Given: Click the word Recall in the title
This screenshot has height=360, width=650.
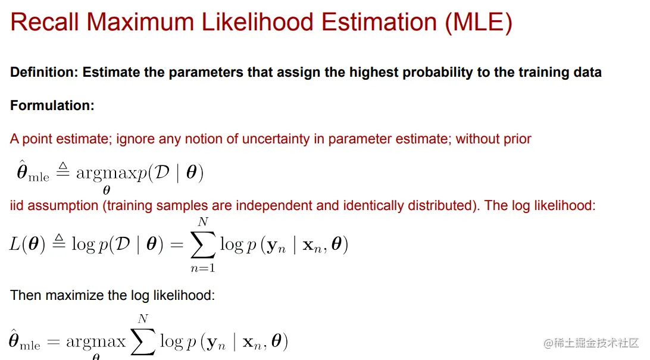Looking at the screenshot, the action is click(x=45, y=22).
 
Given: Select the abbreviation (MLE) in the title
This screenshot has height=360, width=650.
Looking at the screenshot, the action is click(x=479, y=23).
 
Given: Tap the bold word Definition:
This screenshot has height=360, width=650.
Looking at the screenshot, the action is click(x=44, y=72).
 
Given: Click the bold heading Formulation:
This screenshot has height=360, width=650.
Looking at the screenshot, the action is click(x=52, y=105).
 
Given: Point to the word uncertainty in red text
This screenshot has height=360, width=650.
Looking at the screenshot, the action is click(x=276, y=139).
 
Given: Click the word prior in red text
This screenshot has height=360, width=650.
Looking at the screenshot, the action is click(x=517, y=139).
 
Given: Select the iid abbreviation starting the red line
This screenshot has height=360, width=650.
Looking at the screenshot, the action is click(x=17, y=205).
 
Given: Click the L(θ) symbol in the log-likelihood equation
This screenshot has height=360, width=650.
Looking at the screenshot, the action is click(x=27, y=244).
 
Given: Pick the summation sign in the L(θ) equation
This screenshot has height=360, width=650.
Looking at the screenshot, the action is click(x=203, y=245).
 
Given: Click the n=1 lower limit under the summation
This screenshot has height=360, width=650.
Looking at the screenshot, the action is click(x=203, y=268).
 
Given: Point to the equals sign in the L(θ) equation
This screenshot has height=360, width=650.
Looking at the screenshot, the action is click(x=177, y=245).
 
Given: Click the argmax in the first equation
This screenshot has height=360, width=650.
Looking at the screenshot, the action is click(x=107, y=173).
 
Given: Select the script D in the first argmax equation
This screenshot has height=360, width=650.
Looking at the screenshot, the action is click(x=161, y=172).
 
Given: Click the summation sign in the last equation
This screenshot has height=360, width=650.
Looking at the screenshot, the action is click(x=143, y=342).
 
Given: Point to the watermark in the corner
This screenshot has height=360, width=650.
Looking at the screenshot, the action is click(x=591, y=343).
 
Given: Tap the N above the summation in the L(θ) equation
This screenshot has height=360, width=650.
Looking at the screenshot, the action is click(x=203, y=222).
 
